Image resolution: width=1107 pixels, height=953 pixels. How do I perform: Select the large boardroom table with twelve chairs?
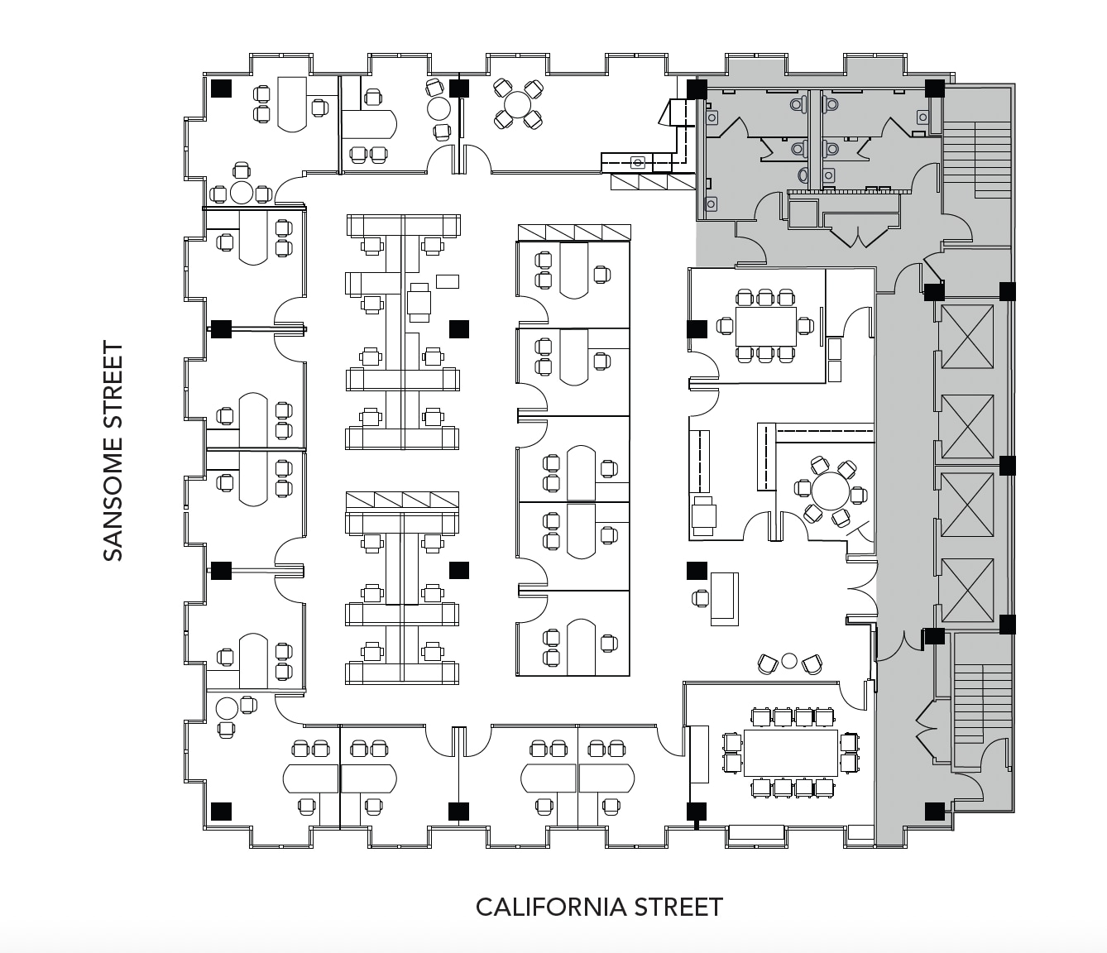click(791, 752)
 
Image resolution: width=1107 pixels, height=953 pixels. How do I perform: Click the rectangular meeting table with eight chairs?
click(765, 326)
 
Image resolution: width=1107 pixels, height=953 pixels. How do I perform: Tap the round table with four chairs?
click(518, 104)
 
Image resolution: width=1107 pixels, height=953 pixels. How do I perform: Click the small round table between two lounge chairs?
click(788, 660)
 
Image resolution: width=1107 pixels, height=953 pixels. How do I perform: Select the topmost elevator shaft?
click(966, 338)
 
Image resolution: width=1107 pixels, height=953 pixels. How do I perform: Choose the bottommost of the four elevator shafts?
click(966, 590)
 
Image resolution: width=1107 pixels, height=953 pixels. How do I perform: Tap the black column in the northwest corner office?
click(221, 89)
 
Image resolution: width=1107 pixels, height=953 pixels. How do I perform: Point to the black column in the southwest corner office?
click(221, 811)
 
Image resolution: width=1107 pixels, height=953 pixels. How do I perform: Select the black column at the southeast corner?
click(934, 811)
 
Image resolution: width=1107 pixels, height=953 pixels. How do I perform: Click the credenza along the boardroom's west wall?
click(698, 754)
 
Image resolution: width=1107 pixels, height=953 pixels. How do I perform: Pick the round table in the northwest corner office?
click(241, 193)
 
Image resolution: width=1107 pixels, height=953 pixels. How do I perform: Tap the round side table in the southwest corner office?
click(226, 708)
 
